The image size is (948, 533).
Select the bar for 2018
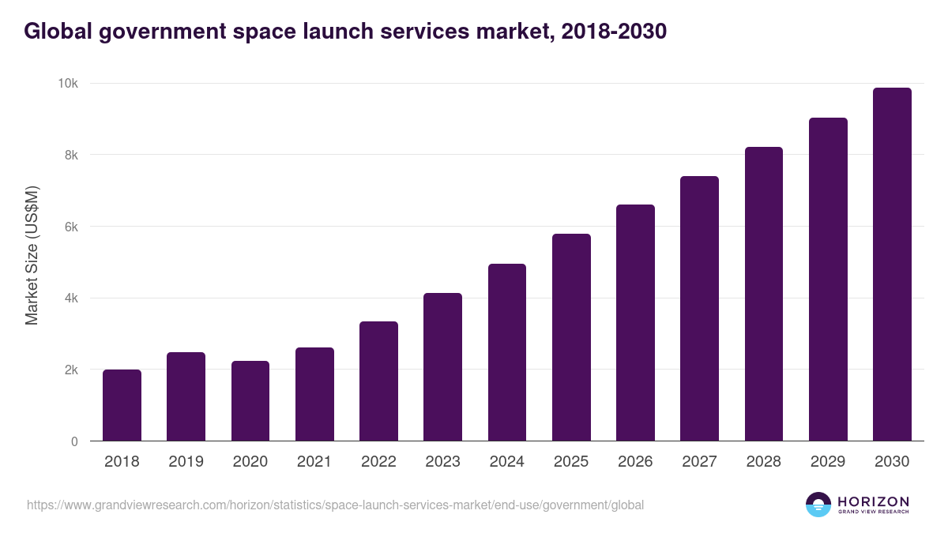(122, 405)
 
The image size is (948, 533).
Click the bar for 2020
(250, 401)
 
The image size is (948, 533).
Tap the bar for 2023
(442, 367)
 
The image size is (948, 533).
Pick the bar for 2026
(635, 323)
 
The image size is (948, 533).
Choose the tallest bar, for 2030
(892, 265)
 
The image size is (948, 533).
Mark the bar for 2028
(764, 294)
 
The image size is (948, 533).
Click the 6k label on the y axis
(71, 227)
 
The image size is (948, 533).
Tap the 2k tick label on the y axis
(71, 370)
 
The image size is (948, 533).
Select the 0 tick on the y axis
(74, 441)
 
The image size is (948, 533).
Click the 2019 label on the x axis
(186, 462)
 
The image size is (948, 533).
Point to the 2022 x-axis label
(378, 462)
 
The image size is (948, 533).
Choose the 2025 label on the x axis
(571, 462)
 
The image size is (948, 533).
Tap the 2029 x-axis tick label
(828, 462)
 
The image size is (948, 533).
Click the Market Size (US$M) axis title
(32, 255)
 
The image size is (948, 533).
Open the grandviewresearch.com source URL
(336, 505)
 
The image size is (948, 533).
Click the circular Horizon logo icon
(818, 505)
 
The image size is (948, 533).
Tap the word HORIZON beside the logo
(873, 501)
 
